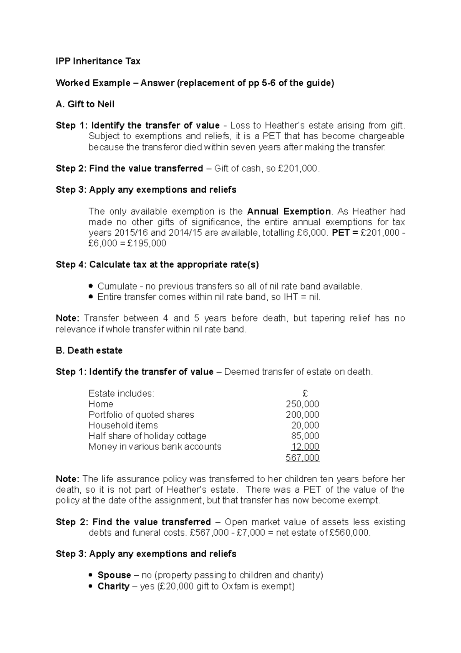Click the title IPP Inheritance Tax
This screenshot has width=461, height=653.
pos(98,61)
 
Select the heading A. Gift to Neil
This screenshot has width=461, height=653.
pos(85,104)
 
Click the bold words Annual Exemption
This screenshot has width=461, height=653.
pos(289,212)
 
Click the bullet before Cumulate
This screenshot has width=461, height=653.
pos(91,286)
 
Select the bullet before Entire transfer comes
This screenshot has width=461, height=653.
pos(91,297)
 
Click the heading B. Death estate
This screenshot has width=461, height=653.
pos(89,350)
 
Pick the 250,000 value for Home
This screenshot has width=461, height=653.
pos(302,404)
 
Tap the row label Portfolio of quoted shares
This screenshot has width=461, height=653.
pos(141,415)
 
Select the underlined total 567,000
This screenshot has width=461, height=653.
pos(302,458)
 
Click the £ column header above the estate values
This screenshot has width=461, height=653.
pos(305,393)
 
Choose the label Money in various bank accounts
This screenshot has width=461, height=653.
pos(155,447)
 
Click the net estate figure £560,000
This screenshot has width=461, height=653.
pos(350,533)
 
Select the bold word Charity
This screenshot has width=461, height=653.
pos(113,586)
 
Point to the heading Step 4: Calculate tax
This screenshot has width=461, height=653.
pos(157,265)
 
